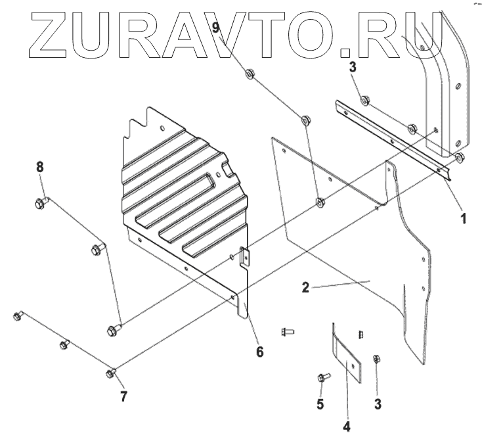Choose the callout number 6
(x=260, y=352)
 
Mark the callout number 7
(x=123, y=396)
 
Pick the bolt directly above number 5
(x=322, y=378)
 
